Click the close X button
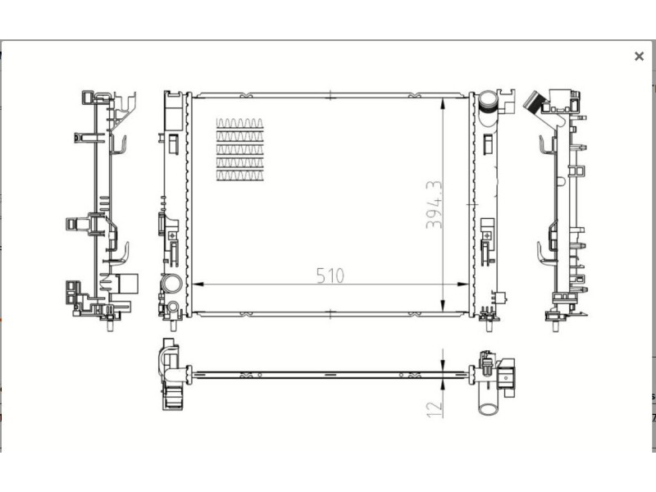[x=639, y=56]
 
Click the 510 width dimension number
[x=330, y=276]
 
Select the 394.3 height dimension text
[x=434, y=205]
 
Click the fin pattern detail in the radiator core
[x=239, y=149]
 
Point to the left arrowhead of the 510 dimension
[x=198, y=284]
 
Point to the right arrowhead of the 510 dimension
[x=462, y=284]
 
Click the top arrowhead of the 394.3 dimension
[x=443, y=104]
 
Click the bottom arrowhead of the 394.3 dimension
[x=443, y=306]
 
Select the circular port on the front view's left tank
[x=172, y=284]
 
